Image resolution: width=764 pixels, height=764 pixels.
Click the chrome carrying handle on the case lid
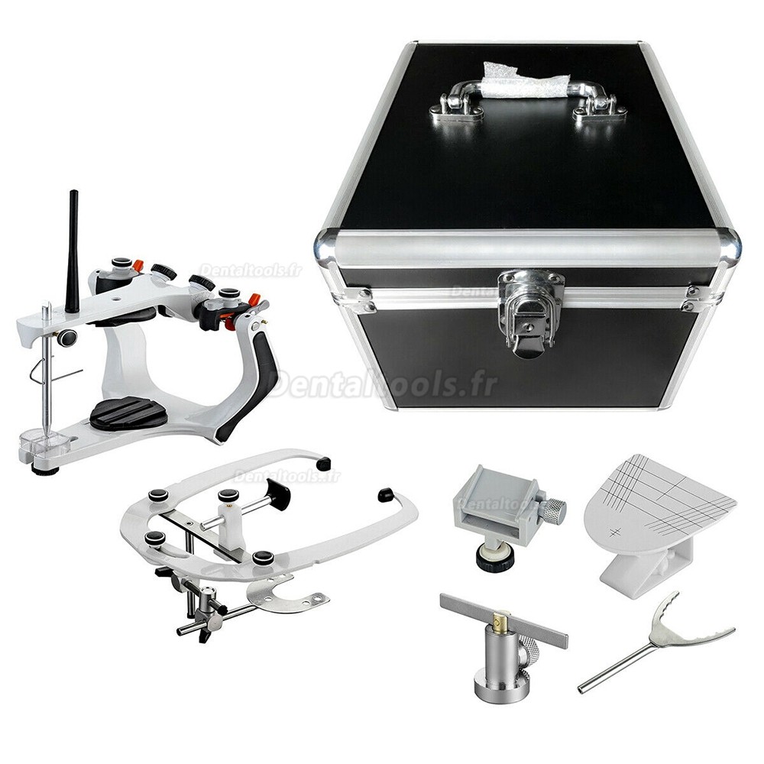529,100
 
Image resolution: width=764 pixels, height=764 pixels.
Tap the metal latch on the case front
529,312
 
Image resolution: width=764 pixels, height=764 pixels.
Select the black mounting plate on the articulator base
128,413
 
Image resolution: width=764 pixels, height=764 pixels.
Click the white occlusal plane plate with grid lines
660,507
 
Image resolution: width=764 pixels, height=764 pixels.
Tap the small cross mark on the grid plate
613,531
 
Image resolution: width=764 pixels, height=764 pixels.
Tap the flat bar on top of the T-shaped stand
503,620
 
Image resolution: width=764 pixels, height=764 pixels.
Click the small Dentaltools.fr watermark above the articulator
251,270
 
